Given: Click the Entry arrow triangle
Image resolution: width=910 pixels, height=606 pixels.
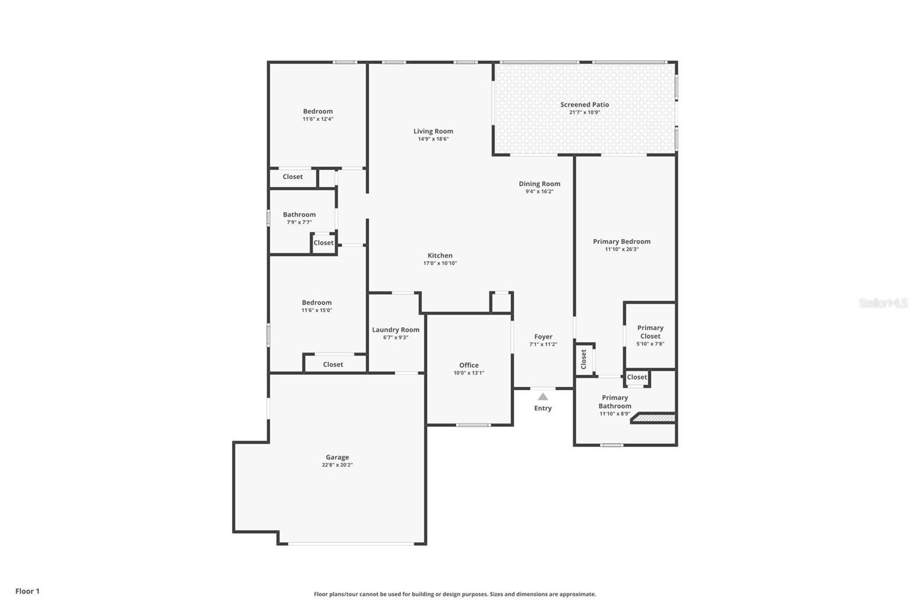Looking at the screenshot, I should coord(543,397).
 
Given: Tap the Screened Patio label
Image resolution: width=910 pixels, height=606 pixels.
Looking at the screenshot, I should coord(585,105).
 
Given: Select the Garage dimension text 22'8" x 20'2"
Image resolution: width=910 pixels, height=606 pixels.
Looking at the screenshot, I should coord(337,465).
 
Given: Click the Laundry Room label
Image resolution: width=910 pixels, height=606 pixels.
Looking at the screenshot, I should coord(396,330).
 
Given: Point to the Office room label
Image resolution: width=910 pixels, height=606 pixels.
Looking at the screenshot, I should coord(469,365).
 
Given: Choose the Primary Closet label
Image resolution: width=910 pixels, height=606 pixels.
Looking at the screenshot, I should coord(650,331).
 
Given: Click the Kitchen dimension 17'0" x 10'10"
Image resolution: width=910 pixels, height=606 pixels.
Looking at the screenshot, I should coord(440,263).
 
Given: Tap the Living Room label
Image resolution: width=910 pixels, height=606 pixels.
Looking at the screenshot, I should coord(433,131).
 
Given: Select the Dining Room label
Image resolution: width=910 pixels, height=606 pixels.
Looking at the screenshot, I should coord(539,184).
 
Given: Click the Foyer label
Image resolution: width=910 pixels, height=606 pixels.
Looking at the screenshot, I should coord(543,337).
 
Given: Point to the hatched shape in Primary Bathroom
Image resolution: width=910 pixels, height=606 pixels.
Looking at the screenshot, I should coord(655,418).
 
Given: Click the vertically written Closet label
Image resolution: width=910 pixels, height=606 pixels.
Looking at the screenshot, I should coord(584,359).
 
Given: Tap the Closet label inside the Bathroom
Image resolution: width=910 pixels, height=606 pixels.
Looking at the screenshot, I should coord(324,243).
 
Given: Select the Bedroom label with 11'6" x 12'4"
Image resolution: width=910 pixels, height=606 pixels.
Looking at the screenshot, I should coord(318,111).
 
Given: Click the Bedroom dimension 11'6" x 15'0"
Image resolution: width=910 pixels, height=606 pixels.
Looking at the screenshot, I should coord(317,310).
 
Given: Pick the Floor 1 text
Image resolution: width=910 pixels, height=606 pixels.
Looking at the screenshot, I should coord(27,591).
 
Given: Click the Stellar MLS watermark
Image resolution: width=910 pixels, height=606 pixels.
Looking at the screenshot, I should coord(883,304).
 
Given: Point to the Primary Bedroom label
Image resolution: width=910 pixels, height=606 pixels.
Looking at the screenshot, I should coord(622,242).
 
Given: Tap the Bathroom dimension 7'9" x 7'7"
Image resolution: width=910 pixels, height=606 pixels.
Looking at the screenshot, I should coord(299,222).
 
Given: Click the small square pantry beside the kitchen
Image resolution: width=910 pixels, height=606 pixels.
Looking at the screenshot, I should coord(502,302).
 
